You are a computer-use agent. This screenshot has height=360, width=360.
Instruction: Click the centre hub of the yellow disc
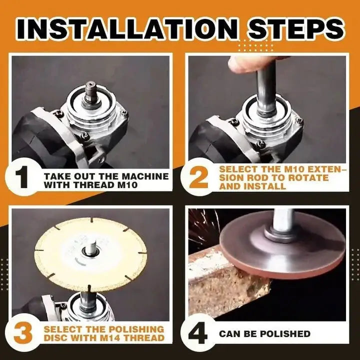point(91,247)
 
